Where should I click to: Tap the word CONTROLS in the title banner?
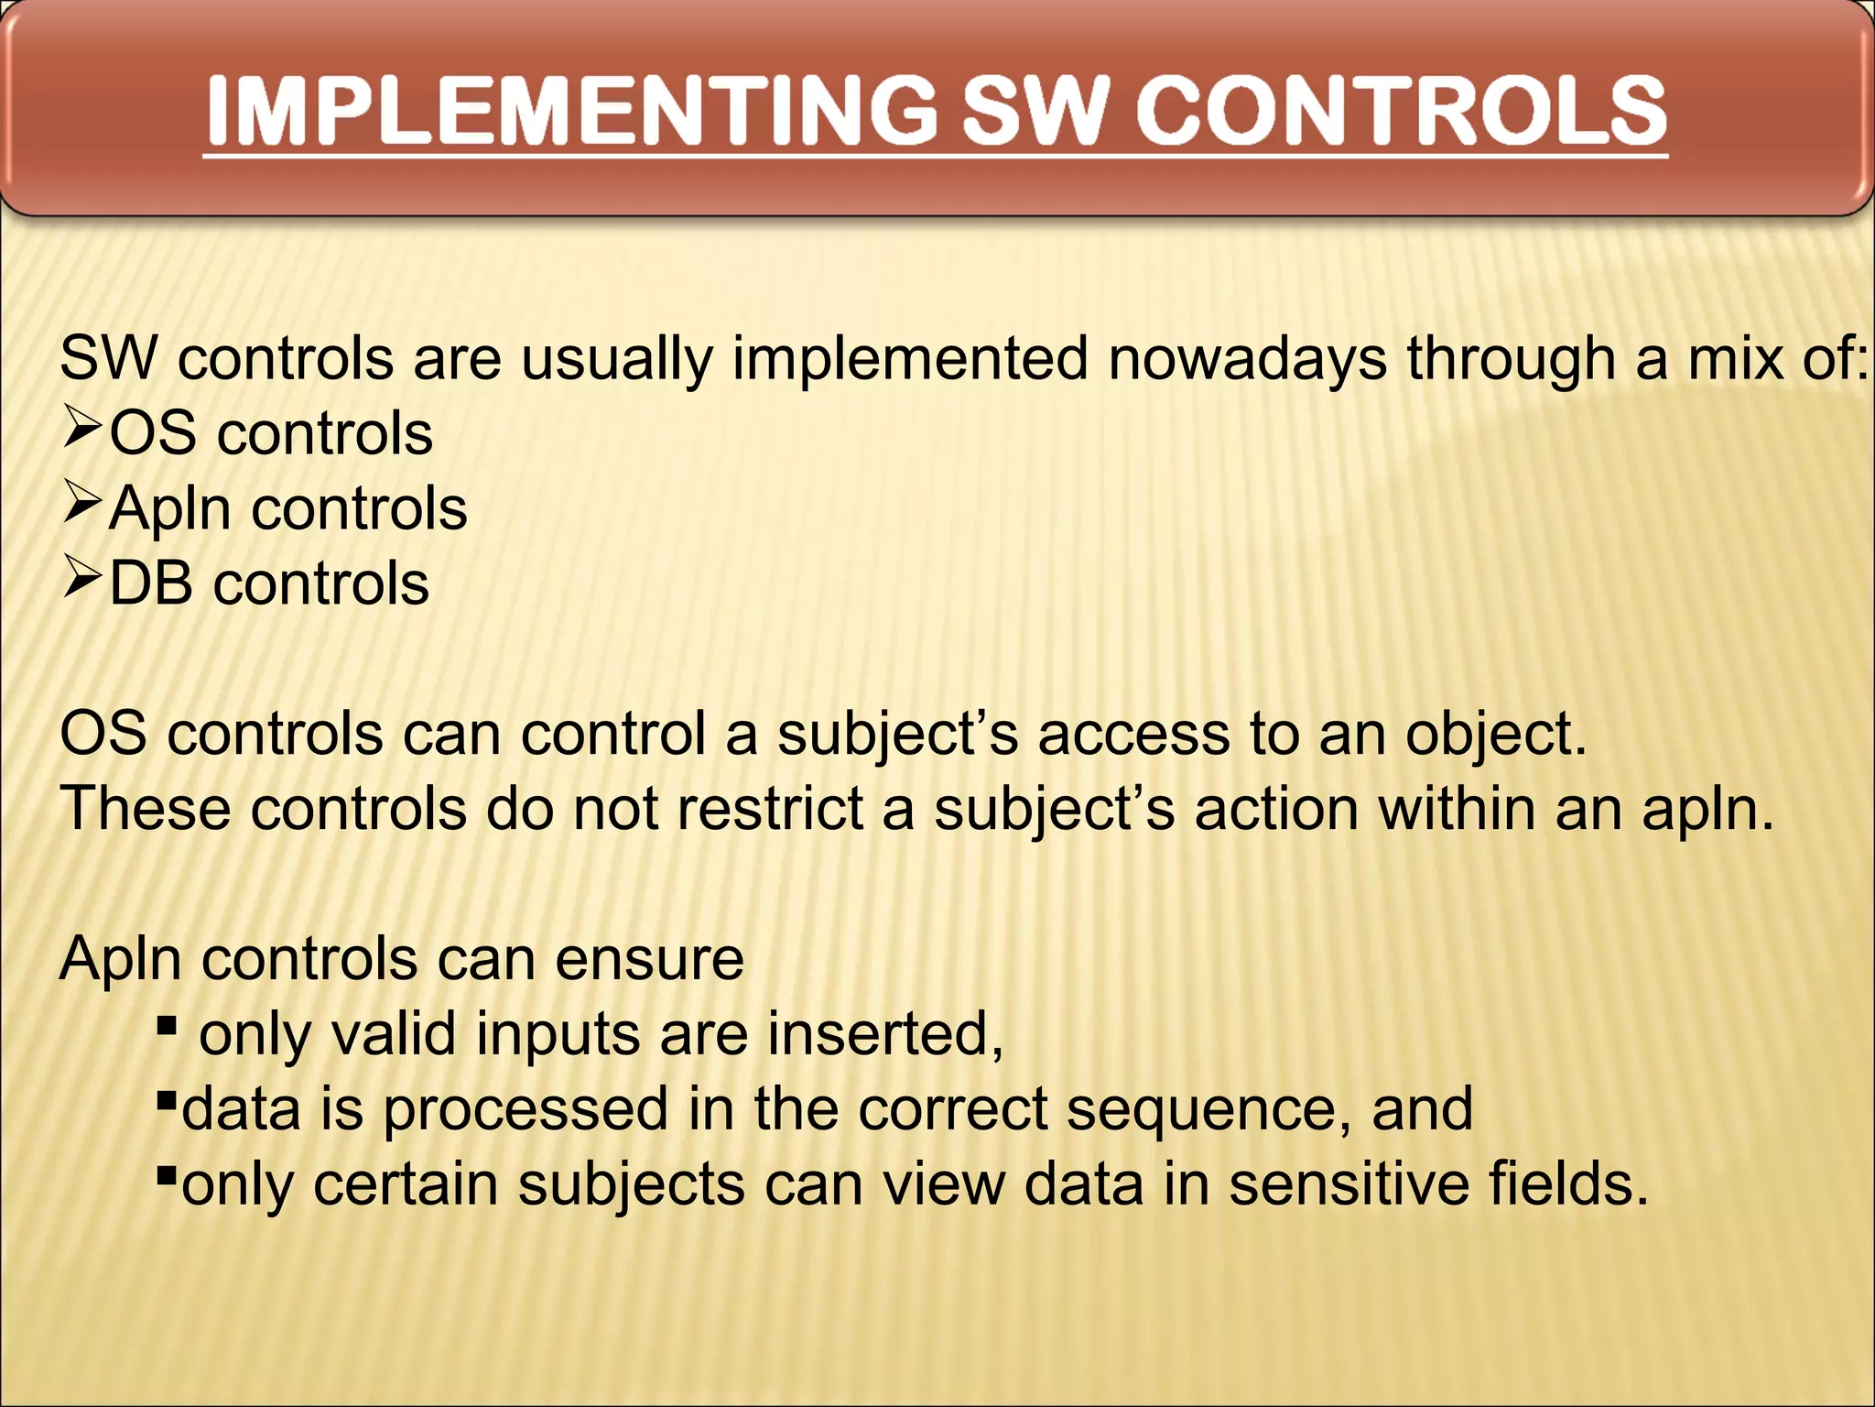tap(1401, 112)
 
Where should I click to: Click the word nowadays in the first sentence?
tap(1247, 358)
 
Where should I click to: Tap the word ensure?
tap(649, 960)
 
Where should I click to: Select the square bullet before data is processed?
tap(166, 1098)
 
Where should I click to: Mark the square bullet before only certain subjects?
tap(166, 1173)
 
